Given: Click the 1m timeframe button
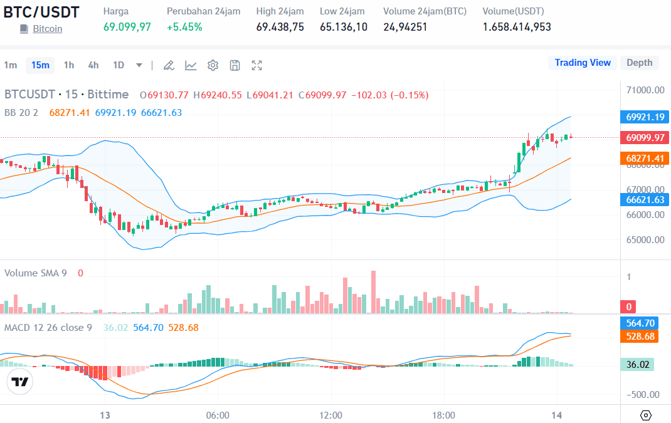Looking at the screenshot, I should (11, 65).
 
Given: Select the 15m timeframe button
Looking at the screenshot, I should (40, 65).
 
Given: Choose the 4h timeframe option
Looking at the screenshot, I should (93, 65).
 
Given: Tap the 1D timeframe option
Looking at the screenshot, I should (119, 65).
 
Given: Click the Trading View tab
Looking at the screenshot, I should (582, 63).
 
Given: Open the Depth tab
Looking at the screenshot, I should (639, 63).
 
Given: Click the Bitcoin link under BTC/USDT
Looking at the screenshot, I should (47, 29).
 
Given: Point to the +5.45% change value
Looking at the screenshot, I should (184, 27).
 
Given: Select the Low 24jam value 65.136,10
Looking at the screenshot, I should (343, 27).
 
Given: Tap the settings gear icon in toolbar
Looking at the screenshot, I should (213, 65).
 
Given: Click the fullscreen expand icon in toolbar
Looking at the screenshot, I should (256, 65).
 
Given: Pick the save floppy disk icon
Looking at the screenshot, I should (235, 65).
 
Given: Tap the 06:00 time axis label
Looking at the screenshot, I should (218, 415).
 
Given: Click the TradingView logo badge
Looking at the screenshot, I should (20, 382).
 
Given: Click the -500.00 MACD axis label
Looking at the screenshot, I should (645, 394).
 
